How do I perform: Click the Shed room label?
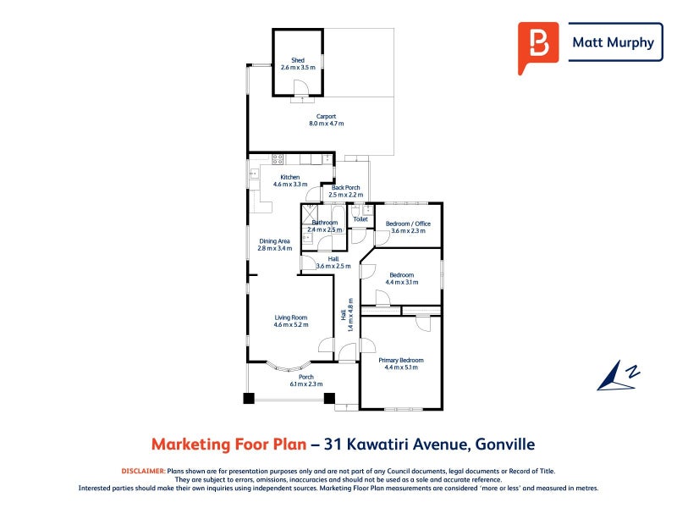pyautogui.click(x=298, y=60)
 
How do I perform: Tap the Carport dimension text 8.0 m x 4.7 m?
pyautogui.click(x=327, y=124)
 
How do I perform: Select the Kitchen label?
pyautogui.click(x=290, y=177)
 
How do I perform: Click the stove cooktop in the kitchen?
pyautogui.click(x=278, y=159)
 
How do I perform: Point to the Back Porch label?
pyautogui.click(x=346, y=187)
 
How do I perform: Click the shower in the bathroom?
pyautogui.click(x=309, y=214)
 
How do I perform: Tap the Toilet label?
pyautogui.click(x=361, y=219)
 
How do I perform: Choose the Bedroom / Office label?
pyautogui.click(x=408, y=224)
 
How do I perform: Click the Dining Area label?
pyautogui.click(x=274, y=241)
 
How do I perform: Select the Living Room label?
pyautogui.click(x=291, y=317)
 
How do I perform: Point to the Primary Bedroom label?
pyautogui.click(x=401, y=361)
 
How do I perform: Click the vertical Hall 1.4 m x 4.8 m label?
pyautogui.click(x=347, y=315)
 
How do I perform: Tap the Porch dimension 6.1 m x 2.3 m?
pyautogui.click(x=306, y=384)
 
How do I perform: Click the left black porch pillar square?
pyautogui.click(x=249, y=398)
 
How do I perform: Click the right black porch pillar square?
pyautogui.click(x=329, y=398)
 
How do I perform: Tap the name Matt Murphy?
pyautogui.click(x=613, y=42)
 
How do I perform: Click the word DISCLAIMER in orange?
pyautogui.click(x=143, y=472)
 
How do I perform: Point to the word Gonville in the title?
pyautogui.click(x=505, y=444)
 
